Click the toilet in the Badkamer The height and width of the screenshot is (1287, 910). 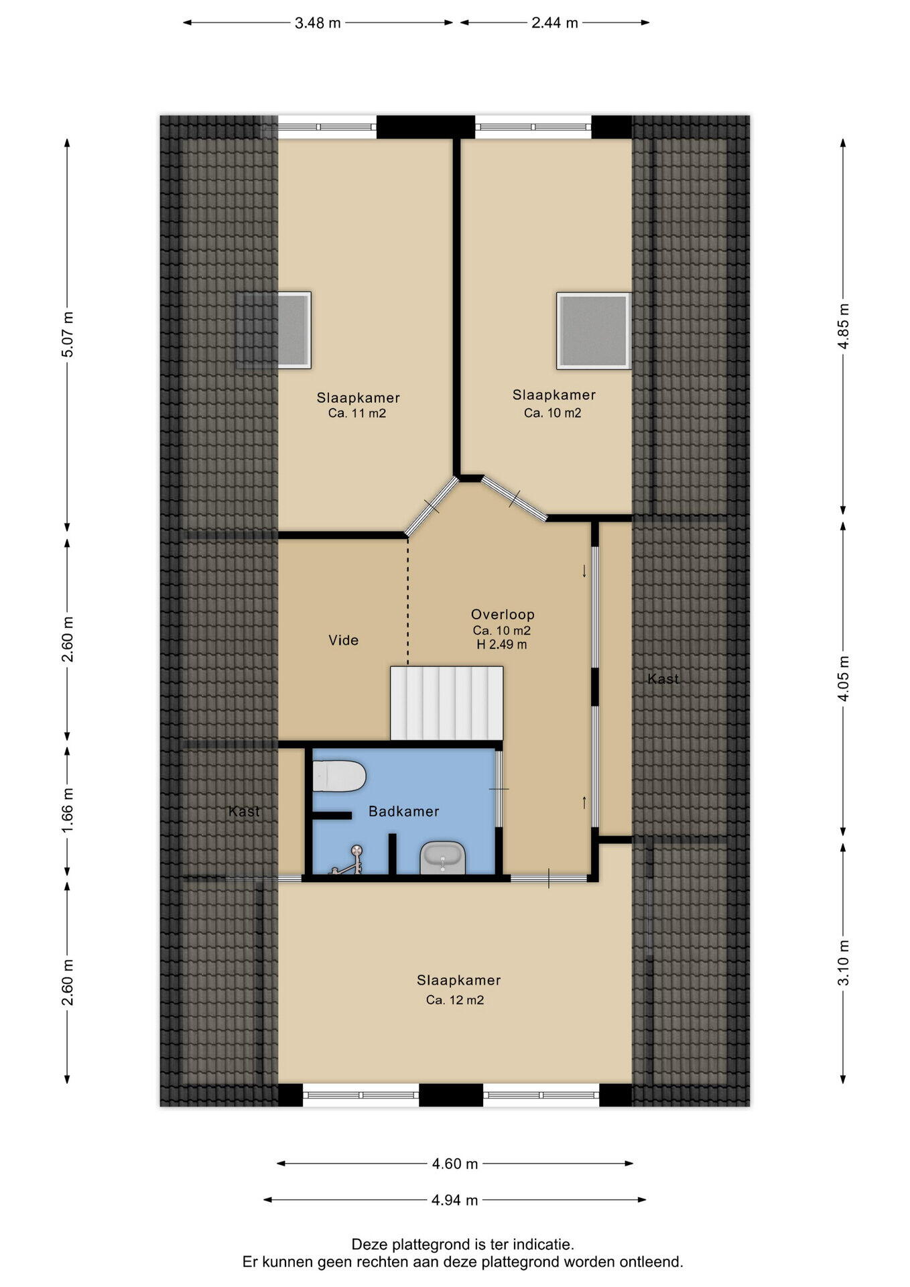coord(339,776)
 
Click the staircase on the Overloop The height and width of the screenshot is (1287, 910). coord(447,703)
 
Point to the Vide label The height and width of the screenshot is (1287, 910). coord(344,640)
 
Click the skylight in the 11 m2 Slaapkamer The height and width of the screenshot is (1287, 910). coord(292,330)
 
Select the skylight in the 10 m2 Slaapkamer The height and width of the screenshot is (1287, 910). coord(594,330)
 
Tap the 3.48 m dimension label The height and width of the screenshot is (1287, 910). coord(318,23)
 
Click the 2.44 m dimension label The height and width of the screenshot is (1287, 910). coord(555,23)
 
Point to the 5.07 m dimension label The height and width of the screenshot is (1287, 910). coord(68,334)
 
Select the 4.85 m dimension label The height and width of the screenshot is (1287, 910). coord(844,326)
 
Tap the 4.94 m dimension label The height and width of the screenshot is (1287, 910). coord(455,1200)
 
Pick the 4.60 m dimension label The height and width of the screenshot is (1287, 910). coord(455,1164)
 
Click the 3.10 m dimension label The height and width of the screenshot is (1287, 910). coord(844,963)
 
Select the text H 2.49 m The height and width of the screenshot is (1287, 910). coord(502,645)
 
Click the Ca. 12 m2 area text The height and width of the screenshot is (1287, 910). coord(455,1000)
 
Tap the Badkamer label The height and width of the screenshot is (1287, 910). coord(404,811)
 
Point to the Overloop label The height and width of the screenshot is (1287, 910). coord(503,614)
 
